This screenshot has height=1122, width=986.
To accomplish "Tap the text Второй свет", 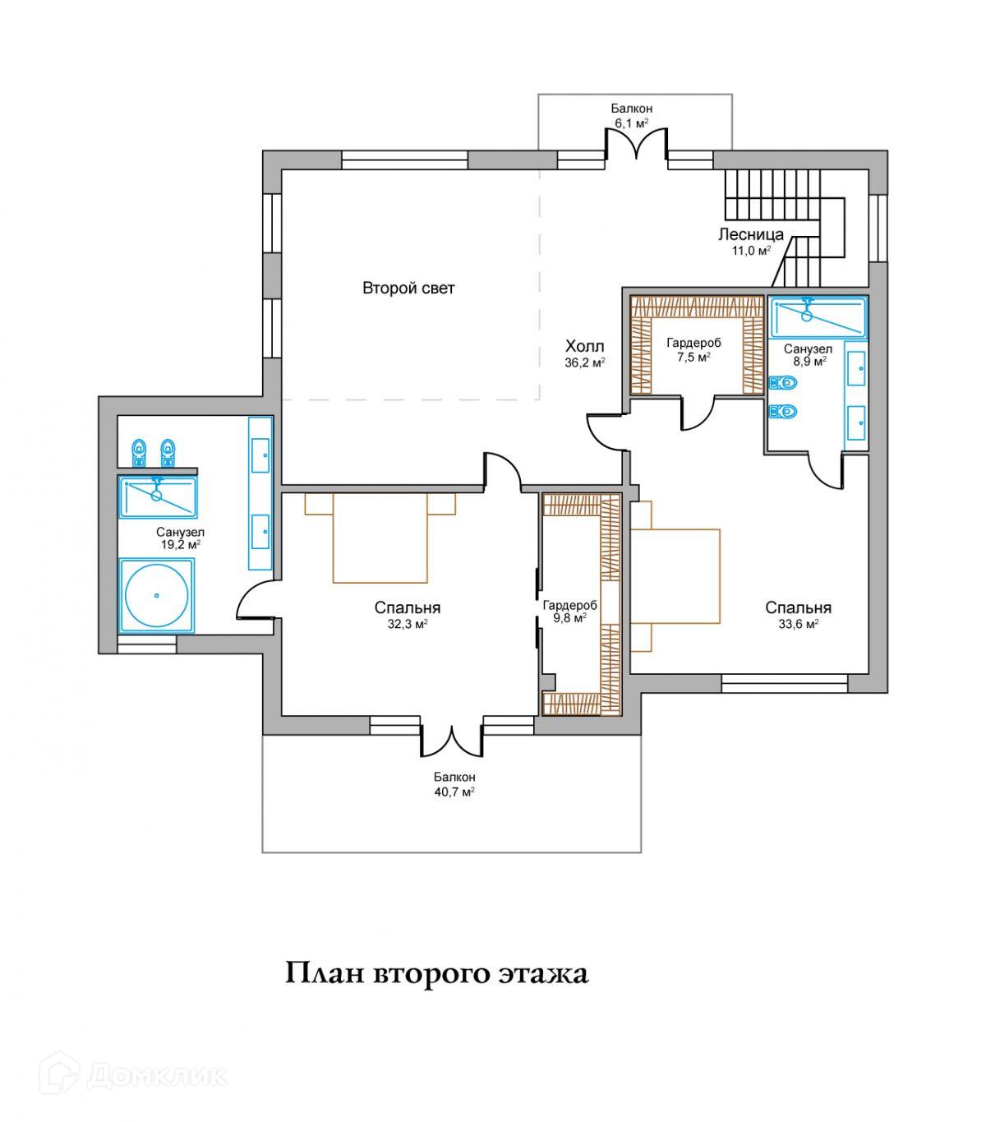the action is click(x=408, y=288).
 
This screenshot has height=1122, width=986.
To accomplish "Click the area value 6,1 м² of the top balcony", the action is click(x=631, y=123).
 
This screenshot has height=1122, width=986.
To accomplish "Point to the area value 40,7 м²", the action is click(x=454, y=792).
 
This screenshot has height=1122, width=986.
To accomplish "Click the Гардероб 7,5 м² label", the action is click(x=693, y=349).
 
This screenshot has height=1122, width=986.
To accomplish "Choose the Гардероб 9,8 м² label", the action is click(x=569, y=612).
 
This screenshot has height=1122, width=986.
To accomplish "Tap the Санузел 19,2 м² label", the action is click(x=180, y=538).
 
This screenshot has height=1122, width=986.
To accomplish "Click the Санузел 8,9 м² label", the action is click(x=808, y=355).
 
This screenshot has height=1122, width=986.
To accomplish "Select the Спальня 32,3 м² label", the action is click(x=407, y=616).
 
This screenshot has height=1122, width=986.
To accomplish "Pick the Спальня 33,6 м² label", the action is click(x=798, y=616).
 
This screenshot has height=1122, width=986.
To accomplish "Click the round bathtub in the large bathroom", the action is click(x=157, y=595).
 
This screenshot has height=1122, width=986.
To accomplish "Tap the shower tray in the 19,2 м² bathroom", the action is click(x=158, y=496).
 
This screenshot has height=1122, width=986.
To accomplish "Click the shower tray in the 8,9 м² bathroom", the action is click(x=817, y=317).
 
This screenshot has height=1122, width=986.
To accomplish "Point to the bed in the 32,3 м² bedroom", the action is click(x=380, y=538).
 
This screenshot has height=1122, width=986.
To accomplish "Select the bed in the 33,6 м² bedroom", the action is click(x=675, y=576).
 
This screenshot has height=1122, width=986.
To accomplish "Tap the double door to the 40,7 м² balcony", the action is click(x=452, y=741).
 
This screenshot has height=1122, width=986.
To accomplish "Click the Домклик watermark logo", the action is click(x=133, y=1077).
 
